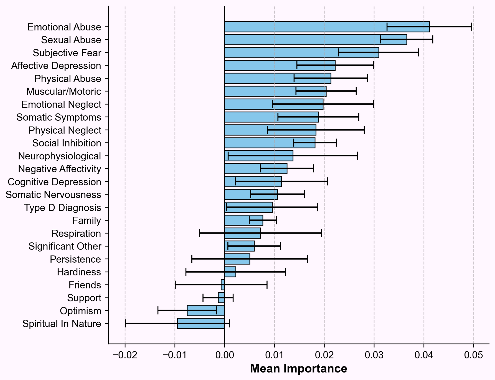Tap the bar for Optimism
(206, 311)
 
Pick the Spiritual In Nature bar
(201, 324)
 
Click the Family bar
(244, 220)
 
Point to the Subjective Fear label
(67, 53)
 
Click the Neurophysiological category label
(59, 156)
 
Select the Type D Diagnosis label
(62, 208)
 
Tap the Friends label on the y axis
(85, 285)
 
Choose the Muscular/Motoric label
(64, 92)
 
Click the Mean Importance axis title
(298, 369)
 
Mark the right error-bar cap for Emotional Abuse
(472, 27)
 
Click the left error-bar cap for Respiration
(200, 233)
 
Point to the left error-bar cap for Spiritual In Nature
(126, 324)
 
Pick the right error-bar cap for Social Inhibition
(336, 143)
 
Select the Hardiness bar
(230, 272)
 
